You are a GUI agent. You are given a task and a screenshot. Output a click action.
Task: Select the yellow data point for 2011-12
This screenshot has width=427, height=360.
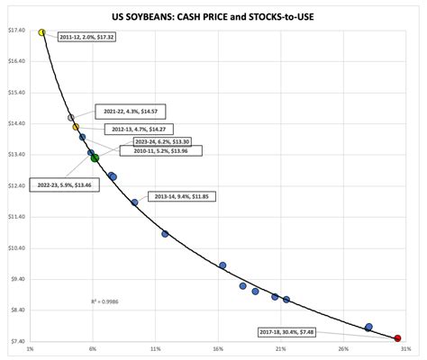tap(42, 32)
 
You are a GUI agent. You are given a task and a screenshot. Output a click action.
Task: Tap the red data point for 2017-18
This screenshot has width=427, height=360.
tap(398, 338)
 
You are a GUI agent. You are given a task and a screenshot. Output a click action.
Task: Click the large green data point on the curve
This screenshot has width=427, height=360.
tap(95, 157)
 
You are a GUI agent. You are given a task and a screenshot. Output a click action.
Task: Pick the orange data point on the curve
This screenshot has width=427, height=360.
tap(76, 127)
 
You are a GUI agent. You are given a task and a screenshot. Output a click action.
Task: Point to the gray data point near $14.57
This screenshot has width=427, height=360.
tap(70, 118)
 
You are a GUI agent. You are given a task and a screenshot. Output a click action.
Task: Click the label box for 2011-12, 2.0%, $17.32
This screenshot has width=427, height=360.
tap(89, 38)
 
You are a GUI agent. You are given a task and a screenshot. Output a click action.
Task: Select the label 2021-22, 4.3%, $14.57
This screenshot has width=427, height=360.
tap(124, 111)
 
